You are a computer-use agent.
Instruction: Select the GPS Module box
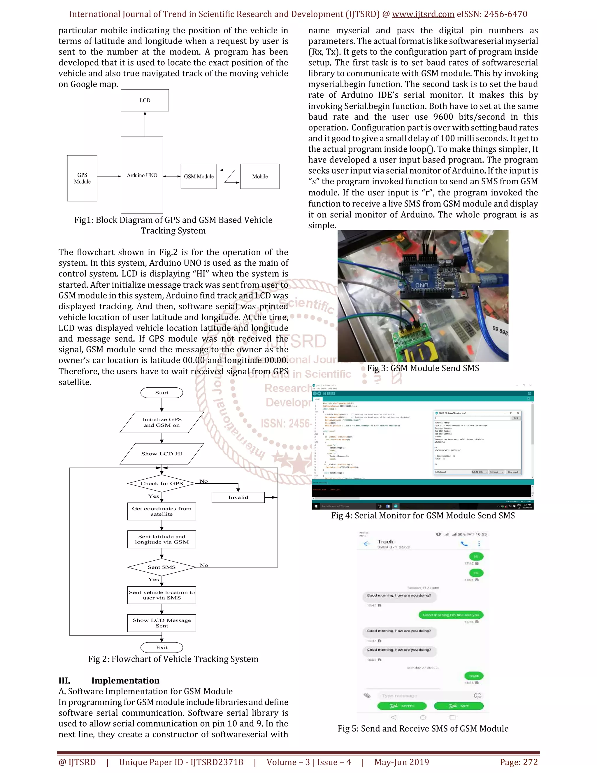pos(82,178)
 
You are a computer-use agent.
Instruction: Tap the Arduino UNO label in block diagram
pos(142,175)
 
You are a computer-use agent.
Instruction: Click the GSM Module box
pos(199,176)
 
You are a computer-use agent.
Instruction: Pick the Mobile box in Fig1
pos(260,176)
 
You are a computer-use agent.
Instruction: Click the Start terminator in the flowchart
pos(161,393)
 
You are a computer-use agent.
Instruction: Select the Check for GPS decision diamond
pos(161,483)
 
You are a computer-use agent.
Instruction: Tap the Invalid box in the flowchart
pos(238,497)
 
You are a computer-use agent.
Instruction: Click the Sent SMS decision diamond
pos(161,567)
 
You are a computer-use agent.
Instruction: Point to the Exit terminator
pos(161,647)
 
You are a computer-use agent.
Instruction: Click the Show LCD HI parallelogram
pos(161,454)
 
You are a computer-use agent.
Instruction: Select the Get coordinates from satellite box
pos(161,511)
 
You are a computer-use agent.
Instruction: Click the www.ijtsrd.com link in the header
pos(423,14)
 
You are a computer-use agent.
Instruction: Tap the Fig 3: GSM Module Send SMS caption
pos(423,368)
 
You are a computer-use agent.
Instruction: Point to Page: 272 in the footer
pos(519,762)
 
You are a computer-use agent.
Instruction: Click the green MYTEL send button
pos(402,706)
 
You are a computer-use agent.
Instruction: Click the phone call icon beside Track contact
pos(464,544)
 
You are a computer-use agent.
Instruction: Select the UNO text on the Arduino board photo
pos(422,285)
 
